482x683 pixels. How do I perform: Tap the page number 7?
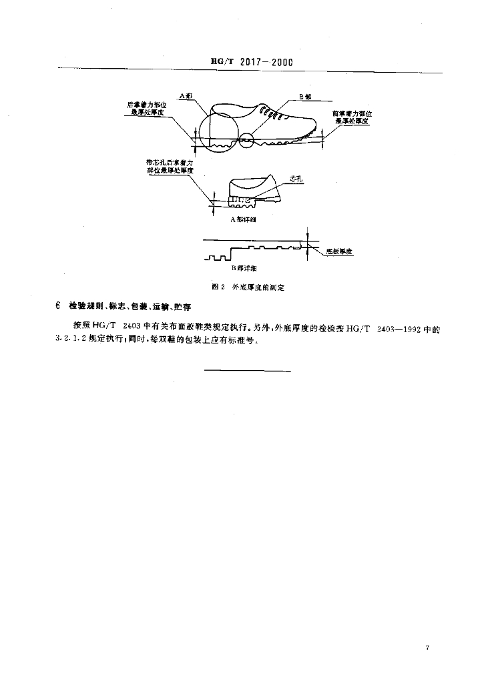coord(426,647)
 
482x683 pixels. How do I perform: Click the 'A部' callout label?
coord(186,97)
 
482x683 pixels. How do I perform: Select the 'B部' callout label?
coord(304,97)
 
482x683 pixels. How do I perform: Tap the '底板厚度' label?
coord(339,251)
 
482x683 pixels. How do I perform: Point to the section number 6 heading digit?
coord(58,306)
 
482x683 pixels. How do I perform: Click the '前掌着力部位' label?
coord(352,113)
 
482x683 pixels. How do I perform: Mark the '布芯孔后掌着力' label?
coord(170,162)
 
